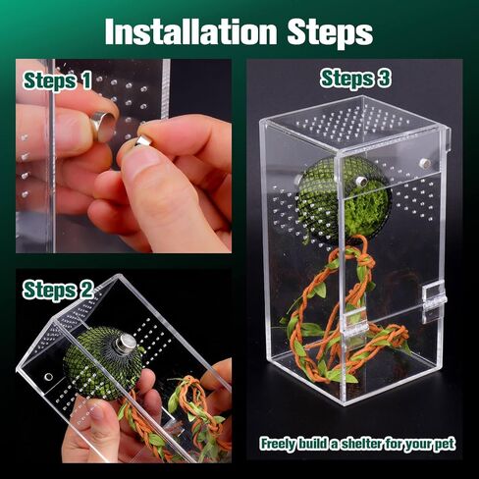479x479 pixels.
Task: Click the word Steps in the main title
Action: [330, 32]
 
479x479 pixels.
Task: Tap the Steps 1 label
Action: [57, 80]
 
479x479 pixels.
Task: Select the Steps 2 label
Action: [58, 290]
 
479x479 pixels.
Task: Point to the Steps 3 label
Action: [355, 79]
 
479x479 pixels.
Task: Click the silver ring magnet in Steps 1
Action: [103, 126]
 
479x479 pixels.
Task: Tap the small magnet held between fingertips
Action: [143, 141]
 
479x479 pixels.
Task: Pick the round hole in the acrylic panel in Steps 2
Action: [49, 377]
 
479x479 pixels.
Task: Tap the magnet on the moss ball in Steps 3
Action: [361, 180]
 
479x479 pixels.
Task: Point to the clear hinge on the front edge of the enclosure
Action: [355, 323]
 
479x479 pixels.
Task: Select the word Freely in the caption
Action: [277, 445]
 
